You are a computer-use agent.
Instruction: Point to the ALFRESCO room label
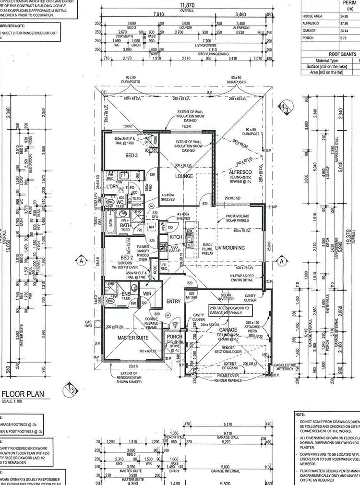coord(238,171)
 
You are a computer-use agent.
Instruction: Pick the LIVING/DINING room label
coord(231,248)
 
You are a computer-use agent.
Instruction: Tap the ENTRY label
coord(173,301)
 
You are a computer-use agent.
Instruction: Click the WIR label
coord(147,293)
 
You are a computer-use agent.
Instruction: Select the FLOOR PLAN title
coord(23,394)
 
